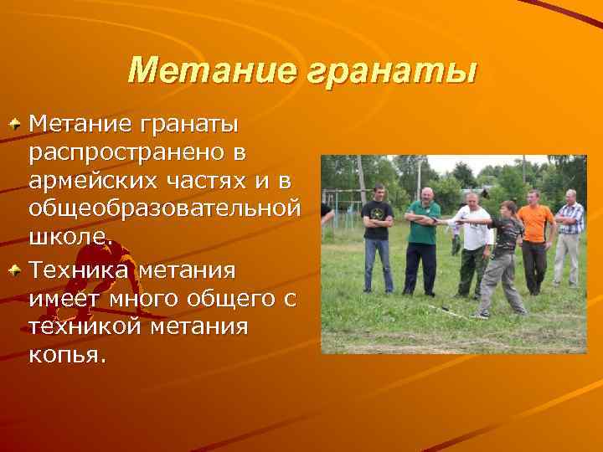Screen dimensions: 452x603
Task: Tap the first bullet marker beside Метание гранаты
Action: (15, 124)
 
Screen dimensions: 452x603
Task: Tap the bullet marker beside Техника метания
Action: (15, 270)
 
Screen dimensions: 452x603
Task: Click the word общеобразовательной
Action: (164, 207)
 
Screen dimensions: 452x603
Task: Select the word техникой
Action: (82, 326)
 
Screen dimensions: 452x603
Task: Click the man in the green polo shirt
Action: (423, 239)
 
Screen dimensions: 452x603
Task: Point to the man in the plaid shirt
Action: (569, 234)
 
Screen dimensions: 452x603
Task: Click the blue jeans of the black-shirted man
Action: (379, 265)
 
